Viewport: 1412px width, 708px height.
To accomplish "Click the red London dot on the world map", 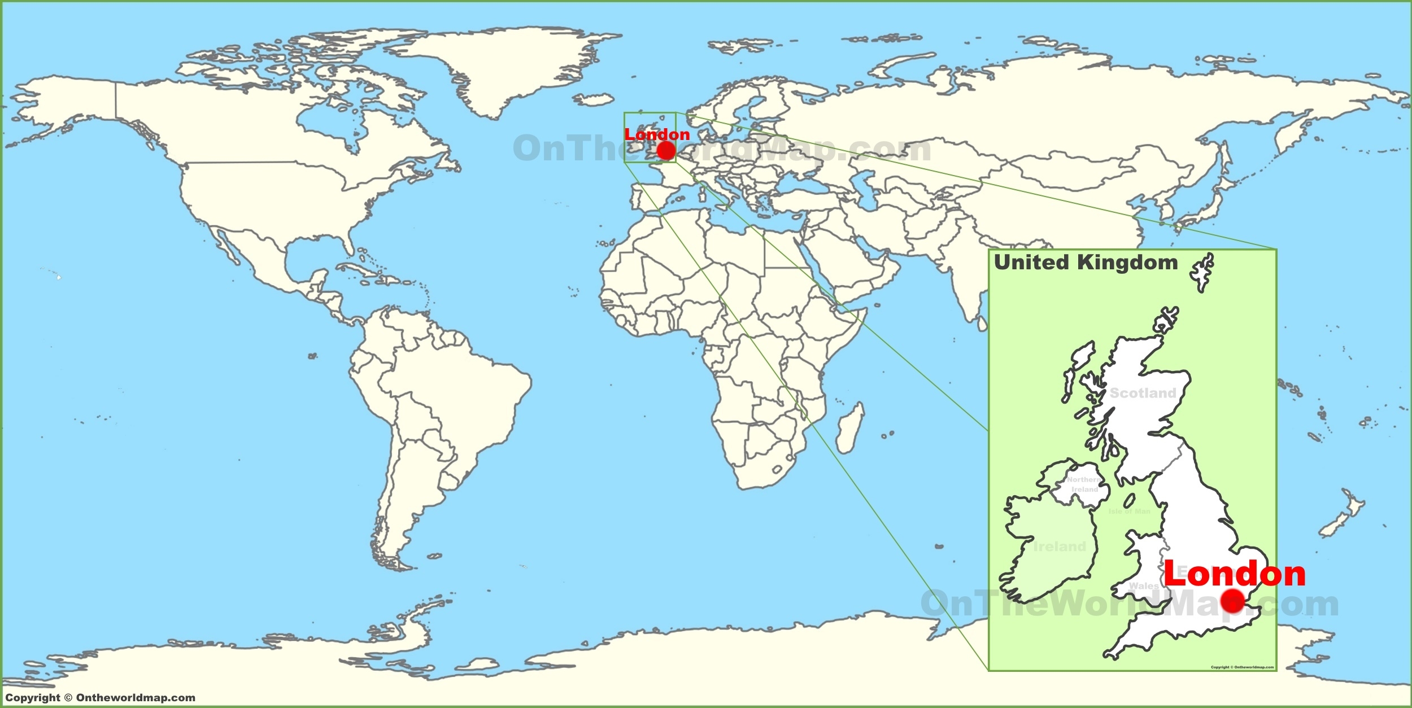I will tap(666, 151).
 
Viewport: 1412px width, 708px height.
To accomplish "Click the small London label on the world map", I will tap(657, 134).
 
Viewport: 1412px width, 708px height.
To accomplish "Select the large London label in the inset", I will tap(1235, 574).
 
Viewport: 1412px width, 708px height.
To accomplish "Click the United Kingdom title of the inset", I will tap(1086, 263).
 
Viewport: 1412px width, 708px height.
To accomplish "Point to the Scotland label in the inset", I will tap(1143, 393).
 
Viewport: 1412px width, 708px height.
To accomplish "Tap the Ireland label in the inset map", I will tap(1060, 547).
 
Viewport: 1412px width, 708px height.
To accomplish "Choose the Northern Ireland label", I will tap(1084, 484).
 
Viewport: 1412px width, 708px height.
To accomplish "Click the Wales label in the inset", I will tap(1144, 586).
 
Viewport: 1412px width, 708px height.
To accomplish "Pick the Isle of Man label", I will tap(1130, 512).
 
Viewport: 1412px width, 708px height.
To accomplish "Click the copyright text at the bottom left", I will tap(100, 698).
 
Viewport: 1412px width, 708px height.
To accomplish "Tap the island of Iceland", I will tap(593, 100).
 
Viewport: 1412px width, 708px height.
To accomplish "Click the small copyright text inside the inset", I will tap(1242, 667).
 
